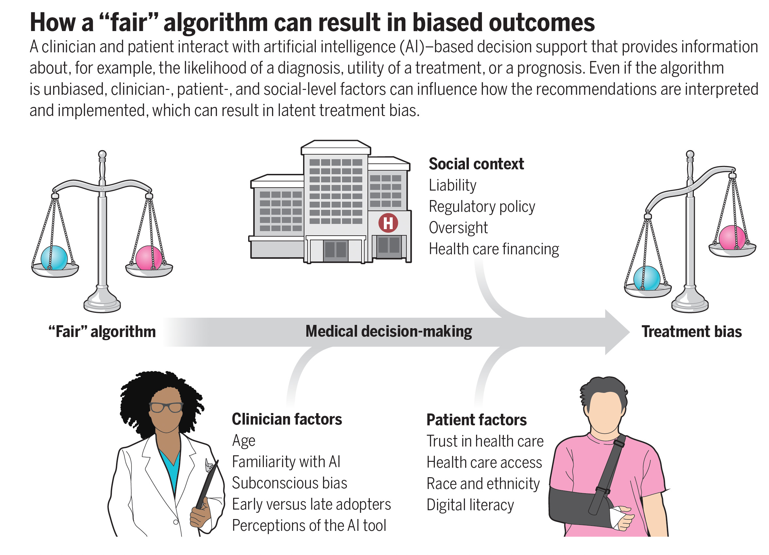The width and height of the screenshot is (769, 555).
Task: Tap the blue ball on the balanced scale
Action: tap(54, 258)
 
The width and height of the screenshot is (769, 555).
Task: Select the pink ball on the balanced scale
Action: tap(148, 258)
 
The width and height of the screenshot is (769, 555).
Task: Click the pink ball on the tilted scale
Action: tap(732, 238)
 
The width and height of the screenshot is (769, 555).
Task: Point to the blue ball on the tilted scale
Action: tap(647, 278)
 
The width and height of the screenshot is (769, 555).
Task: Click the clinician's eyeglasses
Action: tap(166, 407)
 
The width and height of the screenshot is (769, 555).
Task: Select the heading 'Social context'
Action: tap(476, 164)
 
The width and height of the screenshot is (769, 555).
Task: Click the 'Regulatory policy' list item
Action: tap(482, 207)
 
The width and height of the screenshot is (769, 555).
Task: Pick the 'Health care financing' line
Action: tap(494, 249)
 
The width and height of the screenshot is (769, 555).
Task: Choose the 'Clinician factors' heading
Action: tap(287, 419)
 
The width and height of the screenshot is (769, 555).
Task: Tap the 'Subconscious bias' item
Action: tap(289, 483)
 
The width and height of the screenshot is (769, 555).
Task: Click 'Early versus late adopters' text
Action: tap(311, 504)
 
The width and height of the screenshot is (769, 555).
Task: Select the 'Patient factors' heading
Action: tap(476, 420)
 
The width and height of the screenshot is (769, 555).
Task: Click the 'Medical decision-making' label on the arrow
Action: tap(388, 331)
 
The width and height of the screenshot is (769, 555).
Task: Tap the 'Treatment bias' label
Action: tap(692, 331)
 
